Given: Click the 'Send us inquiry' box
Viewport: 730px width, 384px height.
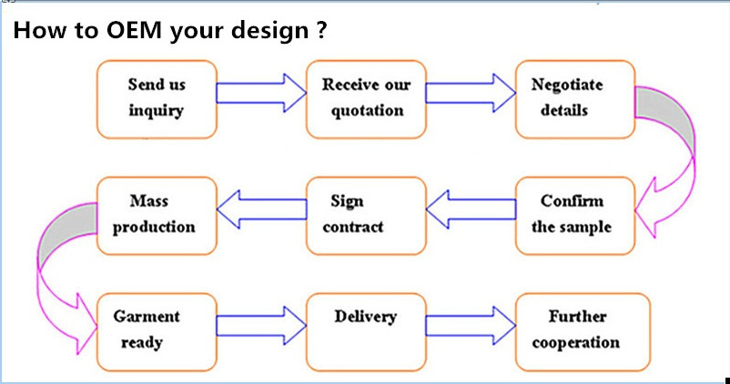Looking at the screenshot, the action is [157, 99].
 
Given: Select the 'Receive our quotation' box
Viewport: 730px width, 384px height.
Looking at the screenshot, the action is [366, 99].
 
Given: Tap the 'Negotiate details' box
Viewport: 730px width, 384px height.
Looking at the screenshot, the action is [575, 99].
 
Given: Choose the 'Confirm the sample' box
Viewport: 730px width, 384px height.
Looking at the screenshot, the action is [575, 216].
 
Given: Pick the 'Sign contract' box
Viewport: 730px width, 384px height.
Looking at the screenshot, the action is [366, 216].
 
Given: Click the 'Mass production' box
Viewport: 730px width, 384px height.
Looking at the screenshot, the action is [157, 216].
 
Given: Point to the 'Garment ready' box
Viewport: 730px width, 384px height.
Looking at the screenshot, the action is [157, 332].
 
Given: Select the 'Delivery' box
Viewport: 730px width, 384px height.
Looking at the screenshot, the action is [366, 332].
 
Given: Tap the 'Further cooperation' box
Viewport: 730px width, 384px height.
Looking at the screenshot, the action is [583, 332].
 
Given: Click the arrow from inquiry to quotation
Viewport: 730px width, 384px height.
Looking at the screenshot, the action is [261, 93].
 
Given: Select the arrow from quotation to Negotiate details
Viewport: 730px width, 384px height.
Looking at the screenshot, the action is [471, 93].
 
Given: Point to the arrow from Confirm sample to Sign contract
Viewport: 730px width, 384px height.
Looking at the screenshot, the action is [471, 209].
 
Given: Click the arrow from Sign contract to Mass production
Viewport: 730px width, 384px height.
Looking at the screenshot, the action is [261, 209].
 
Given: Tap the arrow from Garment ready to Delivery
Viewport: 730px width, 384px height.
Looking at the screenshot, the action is [261, 326].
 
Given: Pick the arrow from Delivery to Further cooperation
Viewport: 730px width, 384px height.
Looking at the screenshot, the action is [471, 326].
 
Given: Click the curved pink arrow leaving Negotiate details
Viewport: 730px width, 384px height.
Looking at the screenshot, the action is [685, 139].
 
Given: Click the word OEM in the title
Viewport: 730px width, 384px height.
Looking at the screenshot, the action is [134, 30].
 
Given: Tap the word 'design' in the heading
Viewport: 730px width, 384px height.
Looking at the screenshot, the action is [270, 31].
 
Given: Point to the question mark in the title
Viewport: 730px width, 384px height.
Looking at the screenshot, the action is [321, 29].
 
